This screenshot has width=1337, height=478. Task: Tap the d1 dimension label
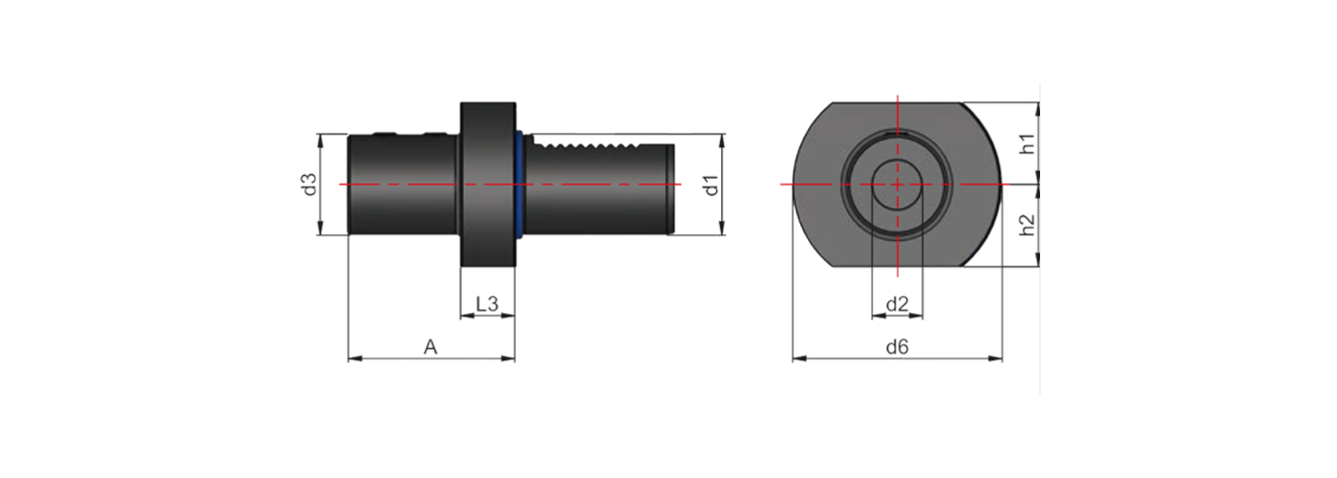pos(711,185)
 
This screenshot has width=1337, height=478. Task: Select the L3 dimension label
pos(487,304)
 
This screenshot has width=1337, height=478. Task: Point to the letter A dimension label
pos(431,347)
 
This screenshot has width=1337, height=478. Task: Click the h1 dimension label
pos(1027,144)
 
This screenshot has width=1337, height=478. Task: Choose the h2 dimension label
pos(1027,225)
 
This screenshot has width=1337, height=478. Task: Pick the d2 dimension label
pos(897,305)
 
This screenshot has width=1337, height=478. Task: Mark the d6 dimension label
pos(897,347)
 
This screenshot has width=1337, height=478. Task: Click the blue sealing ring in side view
pos(520,184)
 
